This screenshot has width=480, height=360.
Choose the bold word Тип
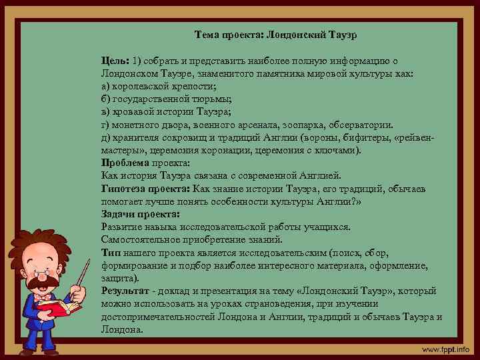pos(109,253)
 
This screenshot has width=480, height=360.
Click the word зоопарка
pos(298,124)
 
